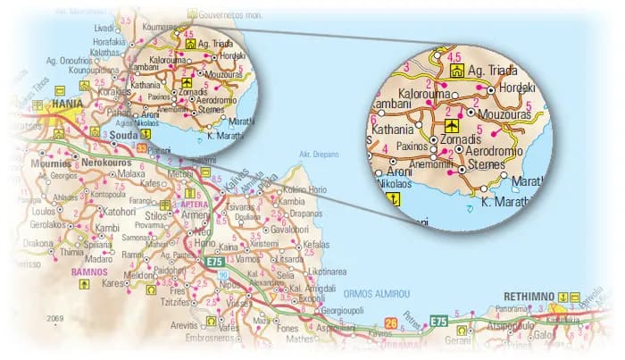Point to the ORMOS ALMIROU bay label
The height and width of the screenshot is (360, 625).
[377, 292]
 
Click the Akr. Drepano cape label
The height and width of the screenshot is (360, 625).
[319, 155]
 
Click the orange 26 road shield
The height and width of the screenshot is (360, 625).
[390, 322]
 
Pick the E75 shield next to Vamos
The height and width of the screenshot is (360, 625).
[213, 262]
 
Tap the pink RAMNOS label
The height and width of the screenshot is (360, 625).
[90, 271]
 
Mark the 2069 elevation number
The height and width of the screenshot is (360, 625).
[56, 319]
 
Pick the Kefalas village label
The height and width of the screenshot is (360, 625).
[316, 244]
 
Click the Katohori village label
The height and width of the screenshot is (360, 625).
[120, 212]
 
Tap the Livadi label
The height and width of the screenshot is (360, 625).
[105, 29]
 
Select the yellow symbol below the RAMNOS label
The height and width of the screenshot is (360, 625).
[85, 285]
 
